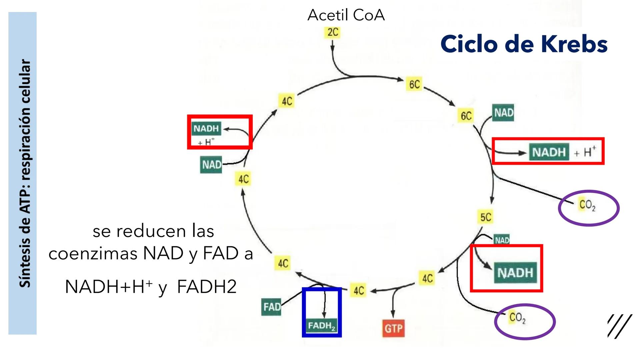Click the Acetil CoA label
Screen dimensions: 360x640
[x=346, y=15]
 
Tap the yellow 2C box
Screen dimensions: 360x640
[x=333, y=32]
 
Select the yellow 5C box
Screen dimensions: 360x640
[x=486, y=217]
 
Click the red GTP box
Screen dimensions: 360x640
[x=393, y=329]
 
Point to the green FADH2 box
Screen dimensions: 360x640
[x=322, y=326]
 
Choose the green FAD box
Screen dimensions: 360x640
[x=272, y=307]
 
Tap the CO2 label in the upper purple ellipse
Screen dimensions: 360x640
[x=587, y=205]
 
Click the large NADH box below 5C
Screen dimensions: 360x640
[x=515, y=273]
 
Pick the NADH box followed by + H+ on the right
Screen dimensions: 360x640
[x=549, y=152]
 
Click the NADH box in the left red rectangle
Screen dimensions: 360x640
[x=206, y=129]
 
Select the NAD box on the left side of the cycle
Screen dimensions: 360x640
[x=211, y=165]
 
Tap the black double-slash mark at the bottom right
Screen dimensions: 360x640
[x=619, y=326]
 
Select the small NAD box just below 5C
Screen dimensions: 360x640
[x=502, y=240]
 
